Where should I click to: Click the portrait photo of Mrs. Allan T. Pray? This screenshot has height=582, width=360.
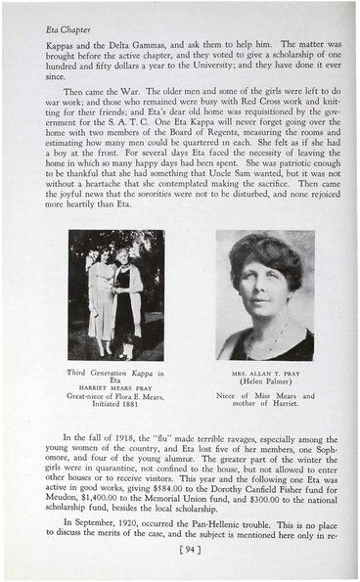265,295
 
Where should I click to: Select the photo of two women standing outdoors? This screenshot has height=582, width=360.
115,295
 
